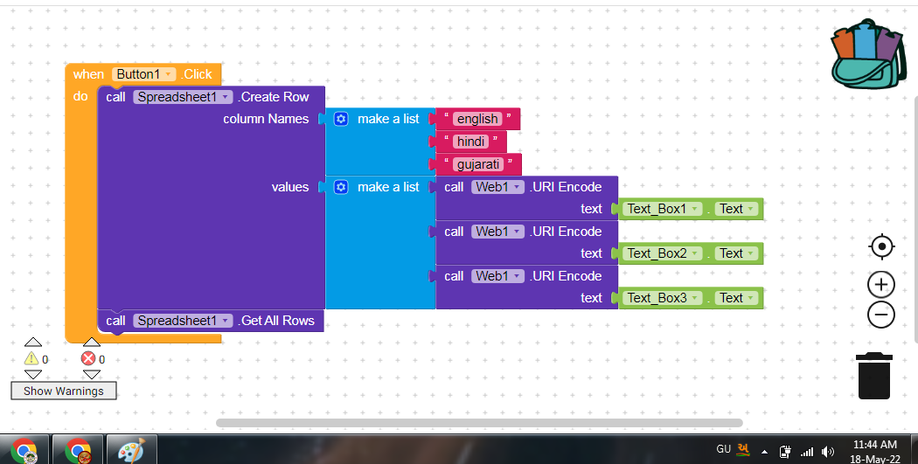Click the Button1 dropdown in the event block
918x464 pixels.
(144, 74)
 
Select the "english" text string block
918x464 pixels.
(476, 119)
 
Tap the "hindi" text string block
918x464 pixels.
(470, 142)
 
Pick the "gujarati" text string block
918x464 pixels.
(476, 164)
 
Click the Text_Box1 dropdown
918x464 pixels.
(664, 209)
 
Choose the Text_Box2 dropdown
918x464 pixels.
(664, 253)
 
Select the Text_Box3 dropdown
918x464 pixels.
(664, 298)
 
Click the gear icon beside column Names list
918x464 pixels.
(341, 119)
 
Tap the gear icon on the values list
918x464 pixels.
(341, 187)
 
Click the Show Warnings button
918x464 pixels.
(63, 391)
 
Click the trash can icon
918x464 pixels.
(874, 376)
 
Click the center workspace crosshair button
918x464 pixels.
(881, 247)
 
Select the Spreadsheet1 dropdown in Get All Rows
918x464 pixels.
(184, 321)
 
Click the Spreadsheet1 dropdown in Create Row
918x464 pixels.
(184, 97)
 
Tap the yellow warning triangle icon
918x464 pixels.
(31, 358)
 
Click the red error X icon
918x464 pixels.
(88, 358)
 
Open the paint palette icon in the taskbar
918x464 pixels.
(130, 451)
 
